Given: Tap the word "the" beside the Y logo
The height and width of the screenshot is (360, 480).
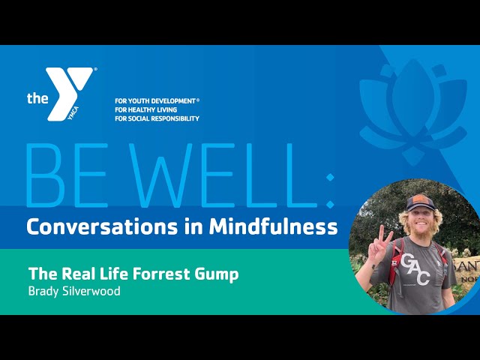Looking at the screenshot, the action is pos(37,98).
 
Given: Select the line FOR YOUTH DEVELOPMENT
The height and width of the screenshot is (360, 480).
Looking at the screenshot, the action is pos(156,100).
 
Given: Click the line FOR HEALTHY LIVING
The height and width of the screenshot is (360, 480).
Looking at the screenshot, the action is pos(146,109).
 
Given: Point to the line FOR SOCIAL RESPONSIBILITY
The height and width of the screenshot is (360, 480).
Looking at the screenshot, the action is pos(157,118).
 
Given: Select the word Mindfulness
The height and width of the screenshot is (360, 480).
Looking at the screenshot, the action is pos(273,226).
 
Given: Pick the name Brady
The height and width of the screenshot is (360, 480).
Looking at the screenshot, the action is pos(43,291).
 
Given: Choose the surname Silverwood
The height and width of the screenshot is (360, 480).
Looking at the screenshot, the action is pos(91,290).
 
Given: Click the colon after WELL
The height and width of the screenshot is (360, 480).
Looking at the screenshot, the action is pos(330,190).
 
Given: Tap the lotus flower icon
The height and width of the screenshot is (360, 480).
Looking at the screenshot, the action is pos(413,109).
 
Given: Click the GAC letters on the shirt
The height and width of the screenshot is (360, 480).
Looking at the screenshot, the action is pos(415,268).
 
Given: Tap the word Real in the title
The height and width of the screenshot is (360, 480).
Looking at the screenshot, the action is pos(77,274).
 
